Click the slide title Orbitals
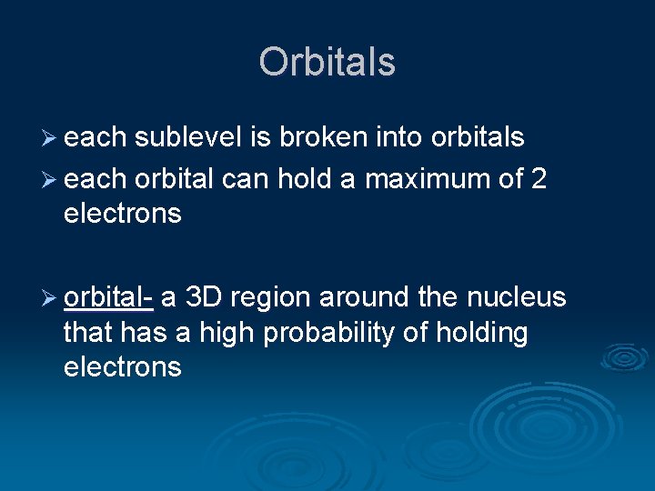click(x=327, y=62)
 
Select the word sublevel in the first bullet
click(x=188, y=137)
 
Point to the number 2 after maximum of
click(x=539, y=179)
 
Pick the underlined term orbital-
click(x=108, y=297)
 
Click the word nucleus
click(x=516, y=297)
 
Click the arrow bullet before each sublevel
click(x=49, y=137)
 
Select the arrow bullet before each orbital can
click(x=49, y=179)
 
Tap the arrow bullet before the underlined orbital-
click(x=49, y=297)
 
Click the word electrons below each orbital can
click(x=122, y=214)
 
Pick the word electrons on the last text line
click(x=122, y=367)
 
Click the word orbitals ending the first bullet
click(x=478, y=137)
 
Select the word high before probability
click(x=227, y=333)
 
